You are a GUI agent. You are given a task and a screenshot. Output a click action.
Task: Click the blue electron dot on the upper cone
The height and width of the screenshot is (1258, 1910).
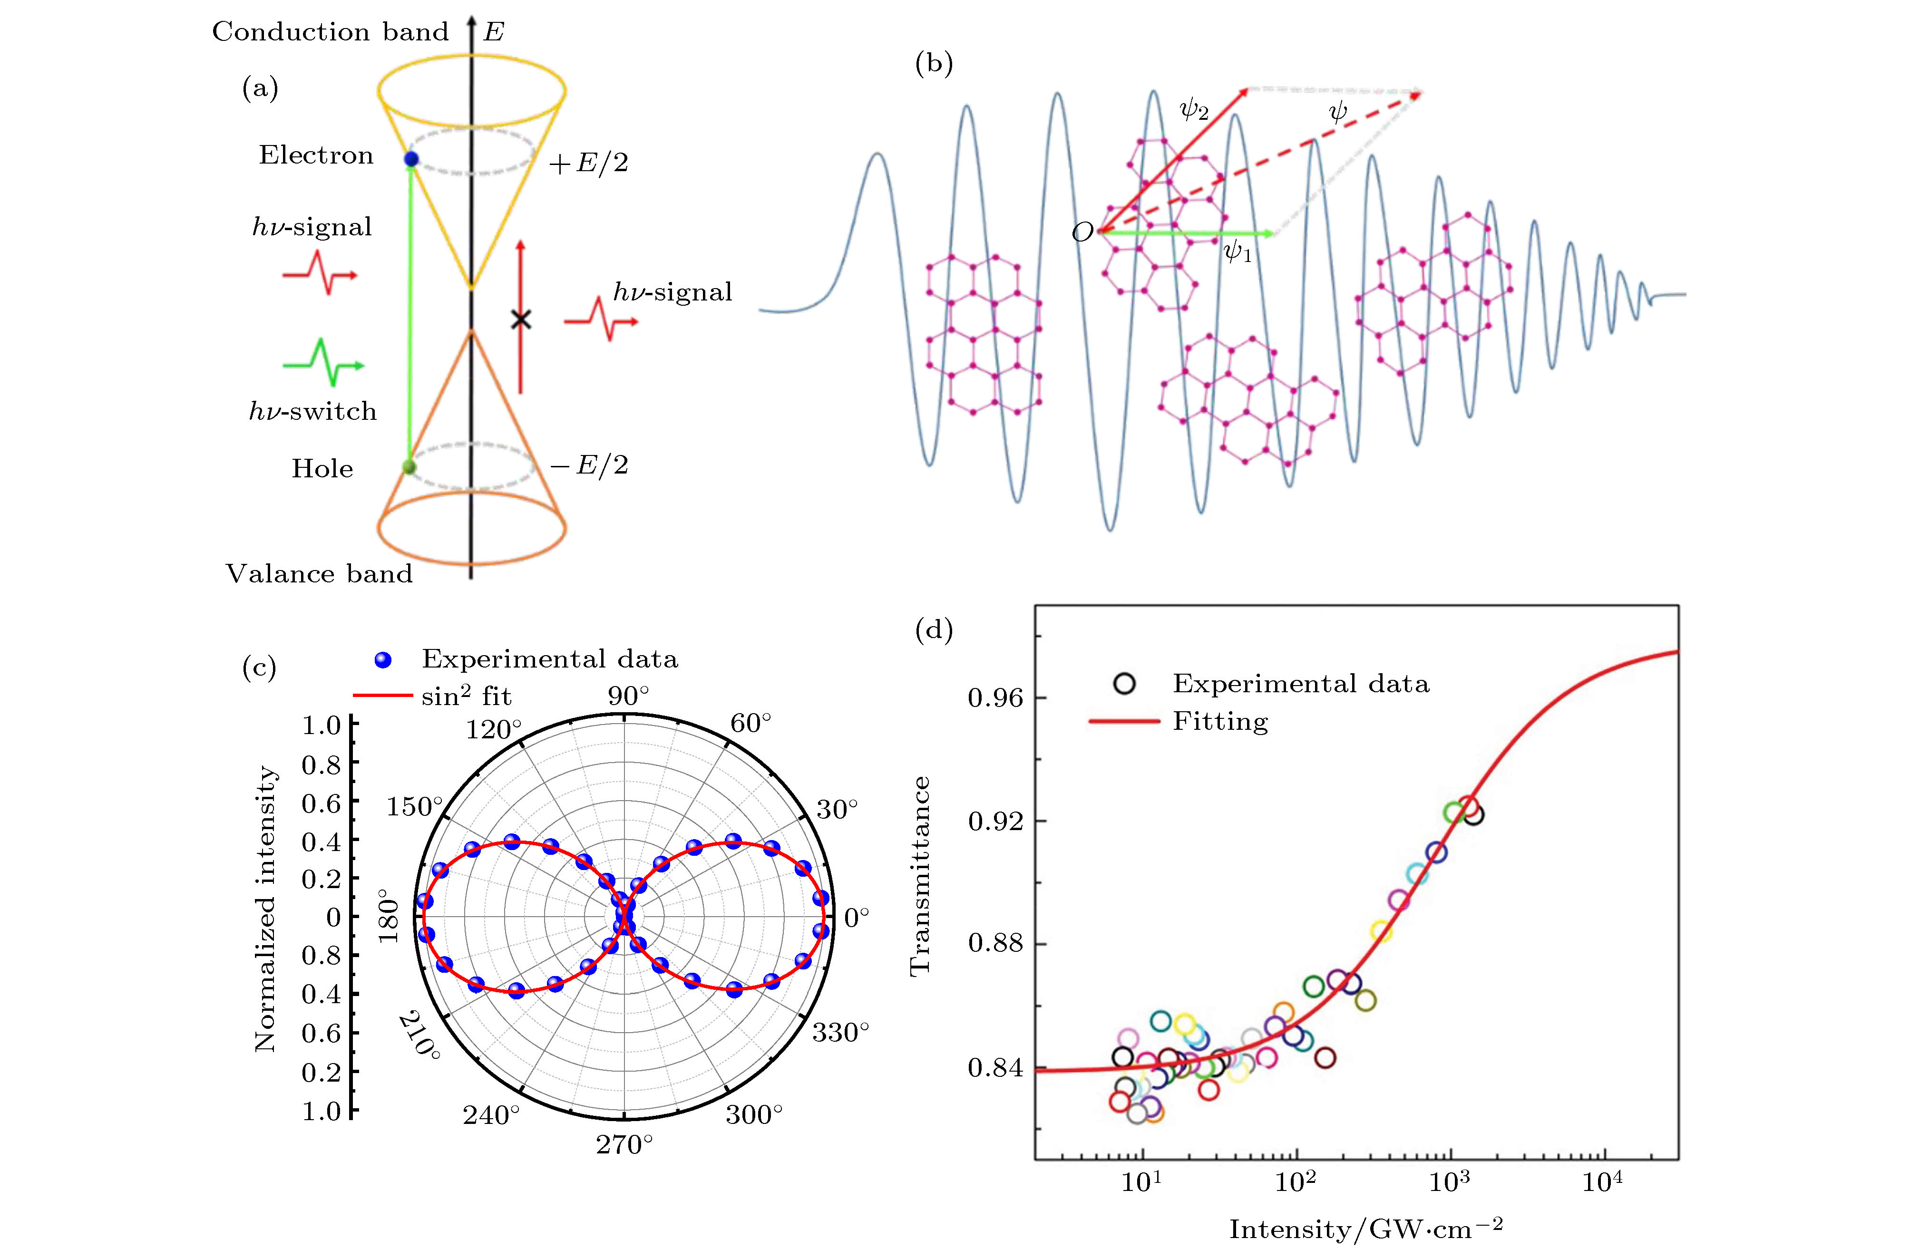click(x=411, y=159)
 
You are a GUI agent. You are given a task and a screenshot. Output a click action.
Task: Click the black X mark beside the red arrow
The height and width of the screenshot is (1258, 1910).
click(x=521, y=320)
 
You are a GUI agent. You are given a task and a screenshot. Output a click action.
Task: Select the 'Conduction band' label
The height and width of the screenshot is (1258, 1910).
click(x=330, y=32)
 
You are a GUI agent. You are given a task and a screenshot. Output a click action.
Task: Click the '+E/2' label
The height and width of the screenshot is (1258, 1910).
click(x=588, y=164)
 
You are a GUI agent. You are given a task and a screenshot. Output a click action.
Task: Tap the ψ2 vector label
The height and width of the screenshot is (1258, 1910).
click(x=1193, y=109)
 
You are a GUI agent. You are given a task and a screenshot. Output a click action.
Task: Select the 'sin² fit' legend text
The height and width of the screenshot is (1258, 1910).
click(x=466, y=697)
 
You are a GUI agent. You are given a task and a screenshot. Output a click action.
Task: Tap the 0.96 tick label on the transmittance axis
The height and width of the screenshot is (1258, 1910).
click(x=995, y=698)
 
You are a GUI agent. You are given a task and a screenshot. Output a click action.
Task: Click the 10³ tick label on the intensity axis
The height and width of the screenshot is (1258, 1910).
click(x=1449, y=1182)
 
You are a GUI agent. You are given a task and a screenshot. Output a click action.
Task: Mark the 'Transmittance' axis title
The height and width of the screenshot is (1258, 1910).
click(x=920, y=876)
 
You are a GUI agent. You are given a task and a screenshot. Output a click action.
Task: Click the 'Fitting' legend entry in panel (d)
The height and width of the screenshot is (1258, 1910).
click(x=1220, y=721)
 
